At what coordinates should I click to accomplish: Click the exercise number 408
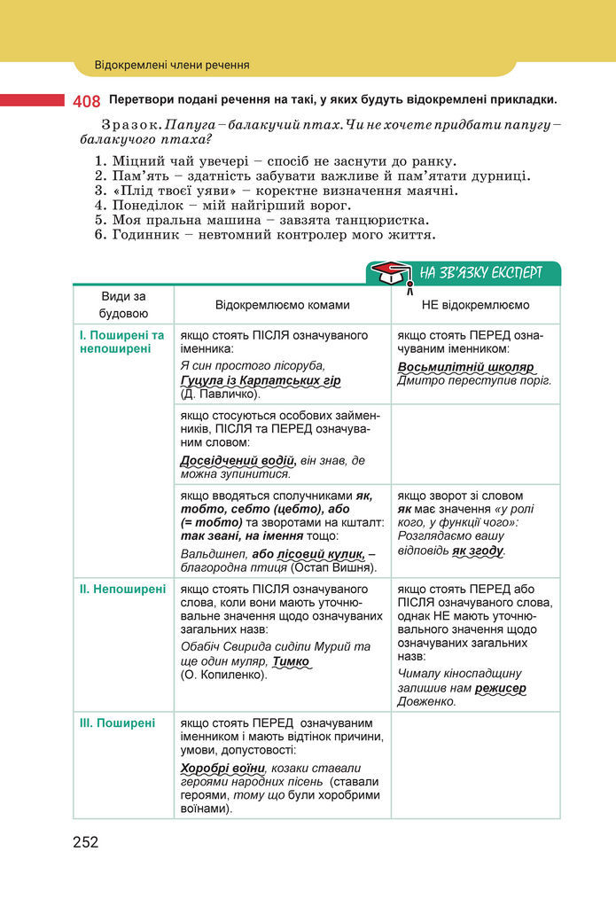tap(86, 101)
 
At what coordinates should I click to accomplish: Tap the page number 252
tap(86, 841)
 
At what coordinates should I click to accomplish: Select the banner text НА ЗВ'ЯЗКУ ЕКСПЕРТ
tap(480, 272)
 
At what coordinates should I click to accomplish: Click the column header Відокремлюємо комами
tap(282, 305)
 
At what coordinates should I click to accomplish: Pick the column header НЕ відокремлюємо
tap(475, 305)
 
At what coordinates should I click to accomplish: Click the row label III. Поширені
tap(118, 722)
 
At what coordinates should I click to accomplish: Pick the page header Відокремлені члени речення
tap(172, 65)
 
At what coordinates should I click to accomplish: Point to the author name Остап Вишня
tap(340, 567)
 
